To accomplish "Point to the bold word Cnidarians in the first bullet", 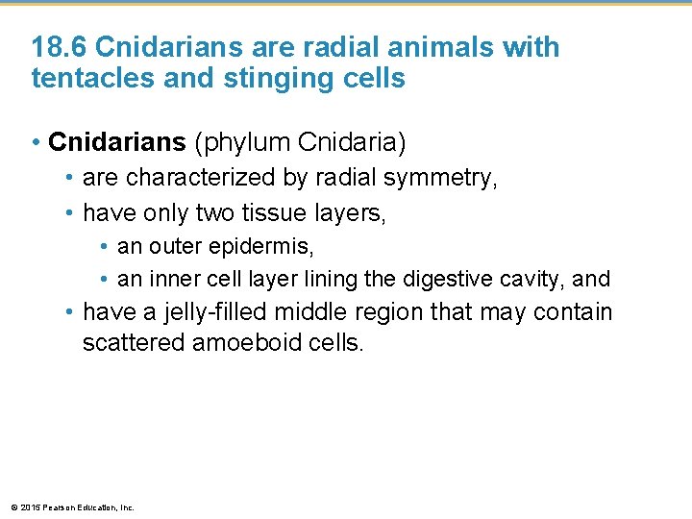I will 117,143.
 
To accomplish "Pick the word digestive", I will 442,280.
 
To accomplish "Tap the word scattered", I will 134,343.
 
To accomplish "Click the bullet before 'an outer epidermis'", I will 104,247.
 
